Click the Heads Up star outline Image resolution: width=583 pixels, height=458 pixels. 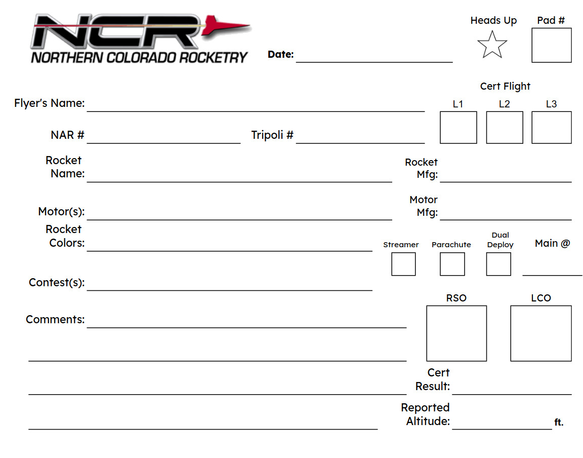(492, 45)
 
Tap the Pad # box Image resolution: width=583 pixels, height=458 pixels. (551, 45)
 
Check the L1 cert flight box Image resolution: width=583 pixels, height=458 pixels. (458, 128)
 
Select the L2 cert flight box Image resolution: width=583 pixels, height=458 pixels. (504, 128)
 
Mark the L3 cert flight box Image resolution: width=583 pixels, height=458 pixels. (551, 128)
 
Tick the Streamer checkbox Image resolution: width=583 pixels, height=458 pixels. (403, 264)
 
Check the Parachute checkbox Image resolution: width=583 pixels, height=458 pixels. (452, 264)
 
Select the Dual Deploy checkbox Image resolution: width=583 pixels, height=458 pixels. (498, 264)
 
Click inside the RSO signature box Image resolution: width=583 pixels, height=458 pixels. (456, 333)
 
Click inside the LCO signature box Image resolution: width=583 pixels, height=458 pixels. (540, 333)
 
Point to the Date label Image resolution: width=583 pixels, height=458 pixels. (280, 55)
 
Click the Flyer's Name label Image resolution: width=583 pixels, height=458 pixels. (50, 103)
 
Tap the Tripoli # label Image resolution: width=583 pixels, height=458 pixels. (272, 135)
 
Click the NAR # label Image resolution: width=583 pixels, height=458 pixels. (67, 135)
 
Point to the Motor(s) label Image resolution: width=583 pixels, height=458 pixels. (61, 211)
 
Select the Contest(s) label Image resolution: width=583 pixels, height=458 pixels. (57, 283)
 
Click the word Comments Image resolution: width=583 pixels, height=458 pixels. (55, 320)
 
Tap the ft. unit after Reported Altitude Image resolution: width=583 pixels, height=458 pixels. (559, 423)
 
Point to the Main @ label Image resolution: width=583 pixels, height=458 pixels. (552, 244)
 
